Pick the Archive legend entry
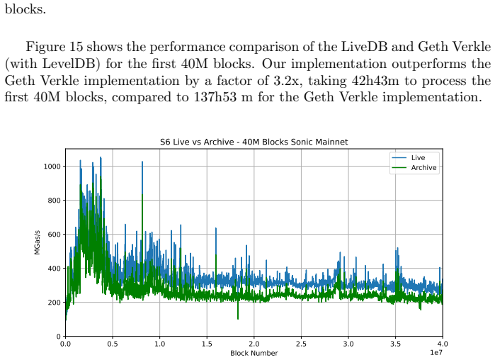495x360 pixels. point(414,168)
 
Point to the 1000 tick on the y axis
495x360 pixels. point(52,167)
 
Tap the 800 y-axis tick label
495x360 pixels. point(54,201)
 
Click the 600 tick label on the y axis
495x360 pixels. point(54,235)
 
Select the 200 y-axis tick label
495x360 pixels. point(54,303)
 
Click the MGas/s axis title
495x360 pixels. point(38,242)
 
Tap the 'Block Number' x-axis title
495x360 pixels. point(254,353)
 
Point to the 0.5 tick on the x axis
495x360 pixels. point(113,344)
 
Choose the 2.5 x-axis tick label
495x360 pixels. point(301,344)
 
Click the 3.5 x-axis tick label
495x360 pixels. point(396,344)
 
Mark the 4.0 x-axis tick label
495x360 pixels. point(443,344)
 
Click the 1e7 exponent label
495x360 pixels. point(436,353)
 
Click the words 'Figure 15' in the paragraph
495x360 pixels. point(54,47)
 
